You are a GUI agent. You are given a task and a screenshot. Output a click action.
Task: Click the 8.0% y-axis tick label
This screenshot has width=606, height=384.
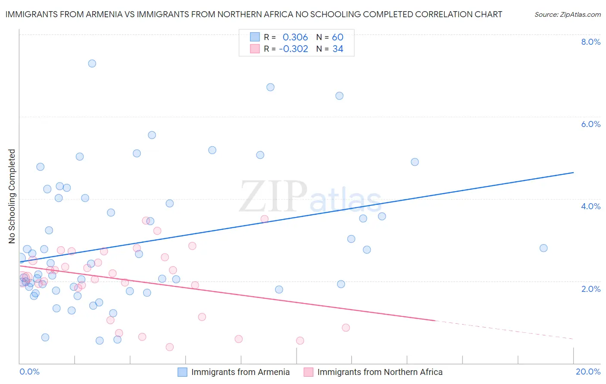(590, 42)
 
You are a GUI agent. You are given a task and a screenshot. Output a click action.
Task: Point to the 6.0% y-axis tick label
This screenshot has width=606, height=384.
(590, 124)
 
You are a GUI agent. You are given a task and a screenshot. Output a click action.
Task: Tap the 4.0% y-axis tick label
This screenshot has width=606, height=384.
(590, 206)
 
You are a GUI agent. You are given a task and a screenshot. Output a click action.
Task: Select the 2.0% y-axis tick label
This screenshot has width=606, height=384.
(590, 289)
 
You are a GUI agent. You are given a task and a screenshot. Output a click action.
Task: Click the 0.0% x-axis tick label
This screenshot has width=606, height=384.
(29, 372)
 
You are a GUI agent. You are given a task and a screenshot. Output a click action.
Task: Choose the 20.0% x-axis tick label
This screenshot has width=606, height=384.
(588, 372)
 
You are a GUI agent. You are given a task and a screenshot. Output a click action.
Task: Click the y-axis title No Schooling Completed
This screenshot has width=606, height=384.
(12, 196)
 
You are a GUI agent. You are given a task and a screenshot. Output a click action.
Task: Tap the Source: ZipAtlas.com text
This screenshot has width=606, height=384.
(567, 15)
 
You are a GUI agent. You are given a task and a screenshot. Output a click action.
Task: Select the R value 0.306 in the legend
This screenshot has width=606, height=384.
(295, 37)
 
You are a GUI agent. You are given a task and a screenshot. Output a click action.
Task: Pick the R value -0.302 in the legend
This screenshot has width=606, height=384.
(294, 49)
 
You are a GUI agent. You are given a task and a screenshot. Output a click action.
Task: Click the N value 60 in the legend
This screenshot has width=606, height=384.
(337, 37)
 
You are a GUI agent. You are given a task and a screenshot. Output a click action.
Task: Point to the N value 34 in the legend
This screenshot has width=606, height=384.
(337, 49)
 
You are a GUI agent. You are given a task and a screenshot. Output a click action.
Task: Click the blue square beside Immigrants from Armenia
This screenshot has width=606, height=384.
(183, 372)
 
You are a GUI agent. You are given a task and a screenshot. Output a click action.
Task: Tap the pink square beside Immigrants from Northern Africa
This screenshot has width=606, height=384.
(309, 372)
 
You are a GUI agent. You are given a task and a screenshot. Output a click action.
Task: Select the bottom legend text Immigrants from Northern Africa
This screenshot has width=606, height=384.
(380, 372)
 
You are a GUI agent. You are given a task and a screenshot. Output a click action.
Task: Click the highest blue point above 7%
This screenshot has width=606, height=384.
(92, 63)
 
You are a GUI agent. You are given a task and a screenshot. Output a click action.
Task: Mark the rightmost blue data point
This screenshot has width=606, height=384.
(544, 248)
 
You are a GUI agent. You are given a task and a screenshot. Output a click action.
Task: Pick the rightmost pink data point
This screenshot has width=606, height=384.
(346, 328)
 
